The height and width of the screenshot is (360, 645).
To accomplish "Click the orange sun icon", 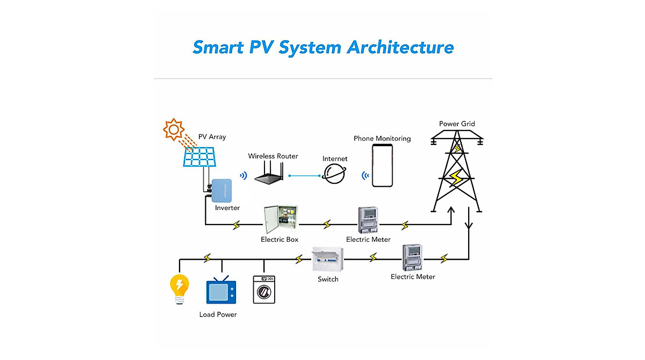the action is click(x=174, y=129).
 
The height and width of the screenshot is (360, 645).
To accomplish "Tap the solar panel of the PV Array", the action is click(x=199, y=157).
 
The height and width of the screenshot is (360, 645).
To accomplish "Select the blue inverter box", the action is click(x=221, y=191).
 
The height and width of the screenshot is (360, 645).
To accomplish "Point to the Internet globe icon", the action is click(x=334, y=174).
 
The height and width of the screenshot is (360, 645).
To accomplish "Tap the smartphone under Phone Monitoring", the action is click(x=382, y=165).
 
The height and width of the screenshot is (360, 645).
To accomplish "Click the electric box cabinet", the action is click(x=281, y=219).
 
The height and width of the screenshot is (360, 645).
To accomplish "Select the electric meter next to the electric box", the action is click(x=368, y=220).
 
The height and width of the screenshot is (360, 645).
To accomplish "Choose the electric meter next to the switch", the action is click(x=412, y=257).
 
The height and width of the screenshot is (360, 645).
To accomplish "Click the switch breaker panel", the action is click(x=328, y=259).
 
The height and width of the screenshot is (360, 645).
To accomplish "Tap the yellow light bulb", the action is click(x=180, y=289).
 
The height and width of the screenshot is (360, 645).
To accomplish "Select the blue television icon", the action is click(x=221, y=290).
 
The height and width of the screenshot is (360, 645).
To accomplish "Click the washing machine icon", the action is click(x=264, y=290).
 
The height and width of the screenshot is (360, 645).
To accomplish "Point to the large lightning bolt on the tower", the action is click(x=456, y=178).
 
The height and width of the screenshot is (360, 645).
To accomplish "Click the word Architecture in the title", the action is click(x=400, y=47).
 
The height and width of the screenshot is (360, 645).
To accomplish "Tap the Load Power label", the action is click(x=218, y=314).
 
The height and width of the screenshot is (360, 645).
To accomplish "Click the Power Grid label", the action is click(x=457, y=124).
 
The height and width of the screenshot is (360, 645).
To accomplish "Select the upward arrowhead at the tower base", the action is click(x=451, y=210).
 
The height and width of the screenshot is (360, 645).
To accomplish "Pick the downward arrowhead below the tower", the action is click(x=469, y=226).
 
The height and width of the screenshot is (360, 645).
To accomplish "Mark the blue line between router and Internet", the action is click(x=305, y=176).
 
